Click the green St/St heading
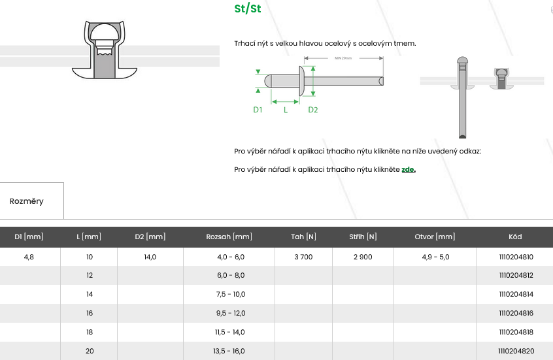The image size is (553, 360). click(248, 8)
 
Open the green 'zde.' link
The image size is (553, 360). click(409, 169)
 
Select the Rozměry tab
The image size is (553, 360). click(26, 201)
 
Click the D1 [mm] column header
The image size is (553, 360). click(29, 237)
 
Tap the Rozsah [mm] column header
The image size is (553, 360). click(229, 237)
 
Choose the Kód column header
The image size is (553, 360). click(515, 237)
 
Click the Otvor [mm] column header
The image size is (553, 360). click(435, 237)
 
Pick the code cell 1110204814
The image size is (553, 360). click(516, 294)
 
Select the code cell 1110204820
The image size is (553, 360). click(516, 351)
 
